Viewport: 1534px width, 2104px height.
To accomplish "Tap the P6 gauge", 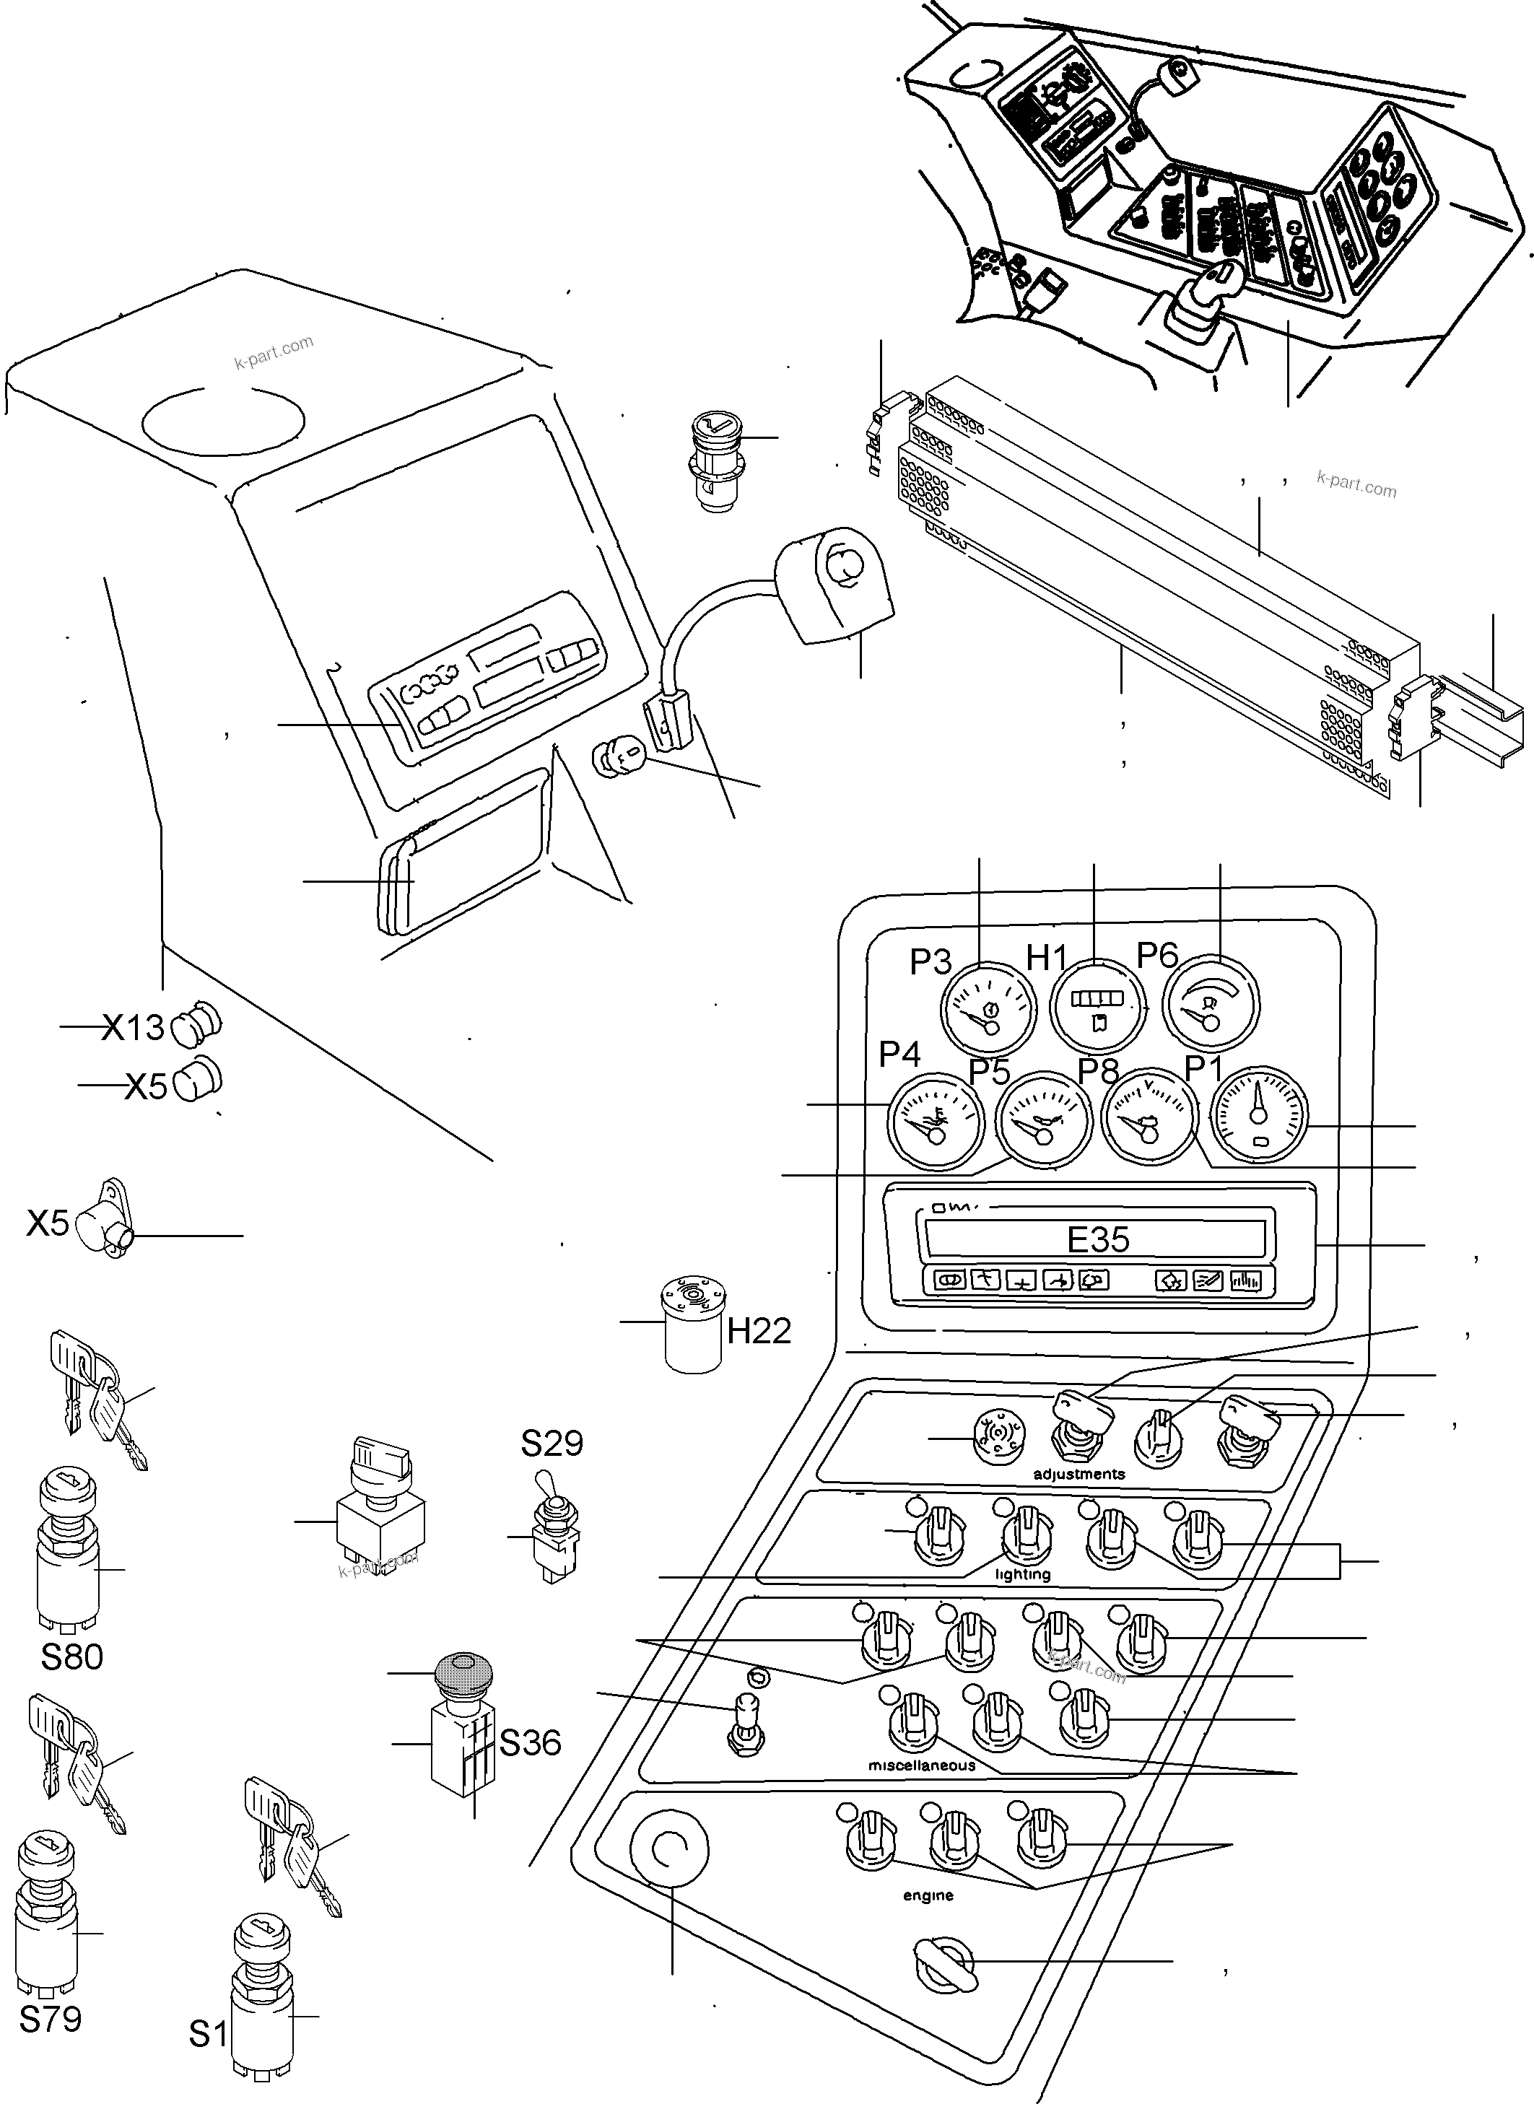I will click(x=1211, y=1005).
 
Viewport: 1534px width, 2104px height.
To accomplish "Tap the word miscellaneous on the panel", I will click(x=921, y=1765).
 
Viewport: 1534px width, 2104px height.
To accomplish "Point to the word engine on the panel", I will click(x=928, y=1895).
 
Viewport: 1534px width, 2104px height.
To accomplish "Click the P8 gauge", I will click(x=1149, y=1117).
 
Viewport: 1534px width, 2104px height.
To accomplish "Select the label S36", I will click(x=530, y=1743).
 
